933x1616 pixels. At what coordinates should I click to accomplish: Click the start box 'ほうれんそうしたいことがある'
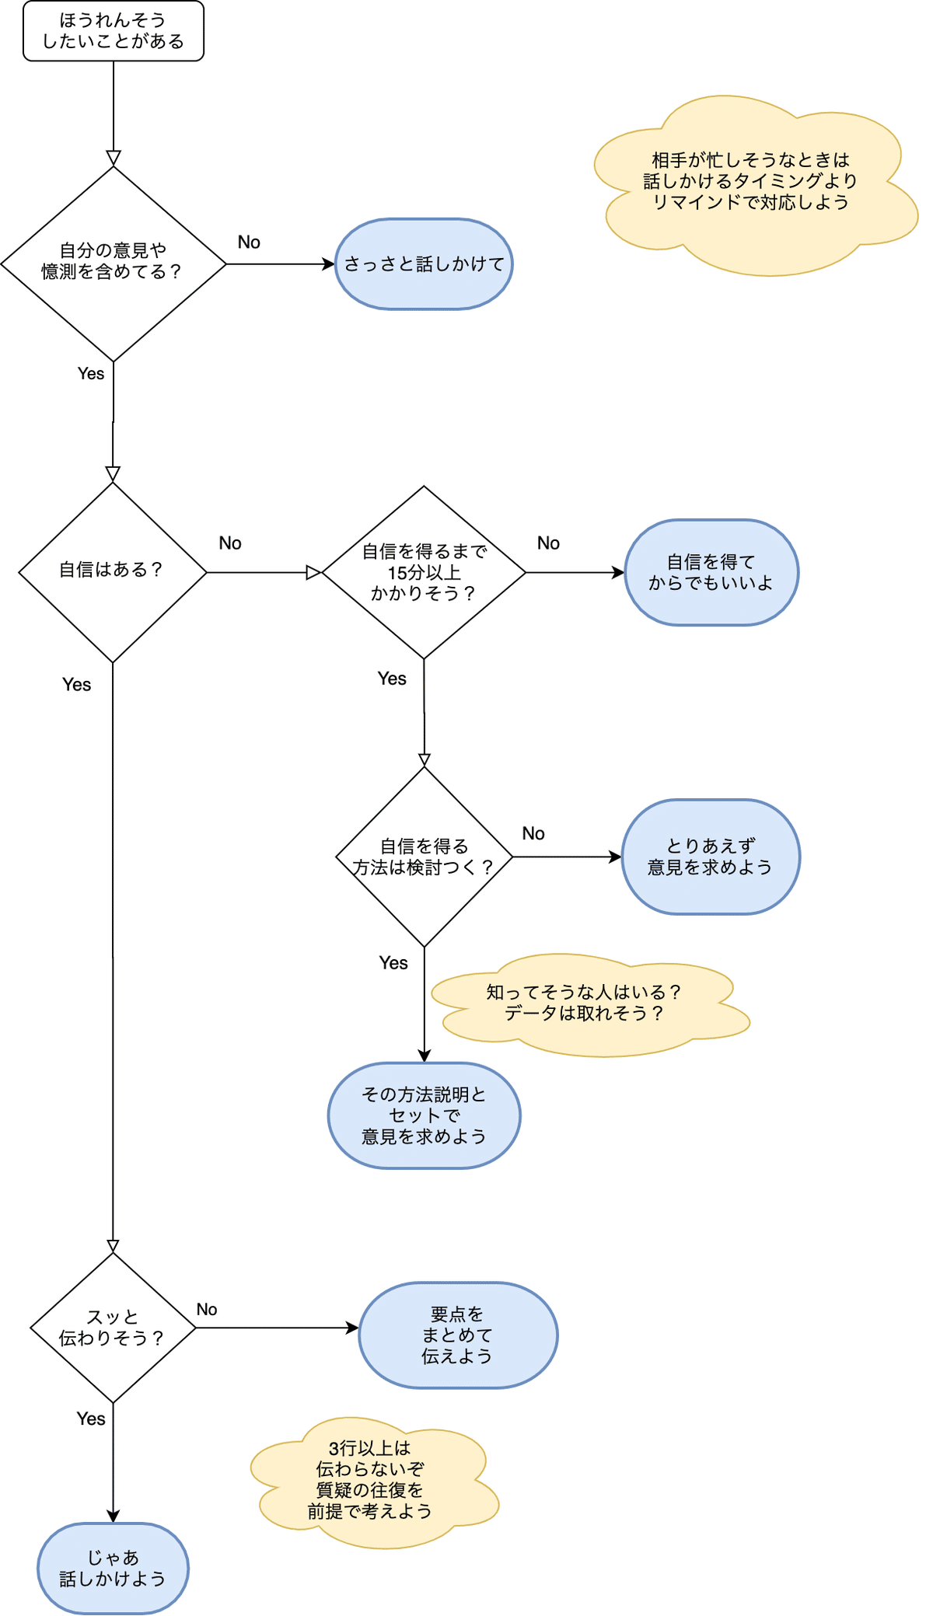click(x=114, y=31)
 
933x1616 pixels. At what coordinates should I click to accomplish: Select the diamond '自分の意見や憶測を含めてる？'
click(x=114, y=264)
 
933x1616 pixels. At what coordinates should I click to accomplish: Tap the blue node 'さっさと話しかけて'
click(x=424, y=264)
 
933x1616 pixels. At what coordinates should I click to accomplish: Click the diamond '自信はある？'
click(x=113, y=572)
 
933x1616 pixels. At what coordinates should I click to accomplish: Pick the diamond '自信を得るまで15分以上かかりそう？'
click(x=424, y=572)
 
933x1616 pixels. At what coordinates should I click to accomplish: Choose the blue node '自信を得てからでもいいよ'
click(x=711, y=572)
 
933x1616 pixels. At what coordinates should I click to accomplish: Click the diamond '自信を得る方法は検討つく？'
click(x=424, y=857)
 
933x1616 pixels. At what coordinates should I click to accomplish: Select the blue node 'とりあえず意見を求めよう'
click(x=711, y=857)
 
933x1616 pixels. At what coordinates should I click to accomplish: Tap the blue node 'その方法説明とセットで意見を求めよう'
click(x=424, y=1115)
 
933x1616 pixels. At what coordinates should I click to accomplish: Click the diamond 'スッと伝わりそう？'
click(x=113, y=1328)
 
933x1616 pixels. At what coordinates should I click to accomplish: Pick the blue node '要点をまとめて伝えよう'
click(x=458, y=1335)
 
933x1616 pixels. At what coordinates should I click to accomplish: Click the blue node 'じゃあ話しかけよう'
click(x=113, y=1568)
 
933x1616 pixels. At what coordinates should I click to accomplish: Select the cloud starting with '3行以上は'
click(x=371, y=1481)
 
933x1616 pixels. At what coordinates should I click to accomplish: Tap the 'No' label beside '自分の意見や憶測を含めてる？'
click(x=249, y=243)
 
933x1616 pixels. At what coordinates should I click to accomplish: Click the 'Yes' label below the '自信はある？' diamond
click(x=77, y=685)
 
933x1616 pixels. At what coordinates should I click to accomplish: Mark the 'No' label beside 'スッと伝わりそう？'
click(x=207, y=1310)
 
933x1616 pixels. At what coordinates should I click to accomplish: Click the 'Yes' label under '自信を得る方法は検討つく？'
click(x=393, y=963)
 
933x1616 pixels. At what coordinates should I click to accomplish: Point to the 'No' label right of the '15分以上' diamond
click(x=548, y=543)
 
